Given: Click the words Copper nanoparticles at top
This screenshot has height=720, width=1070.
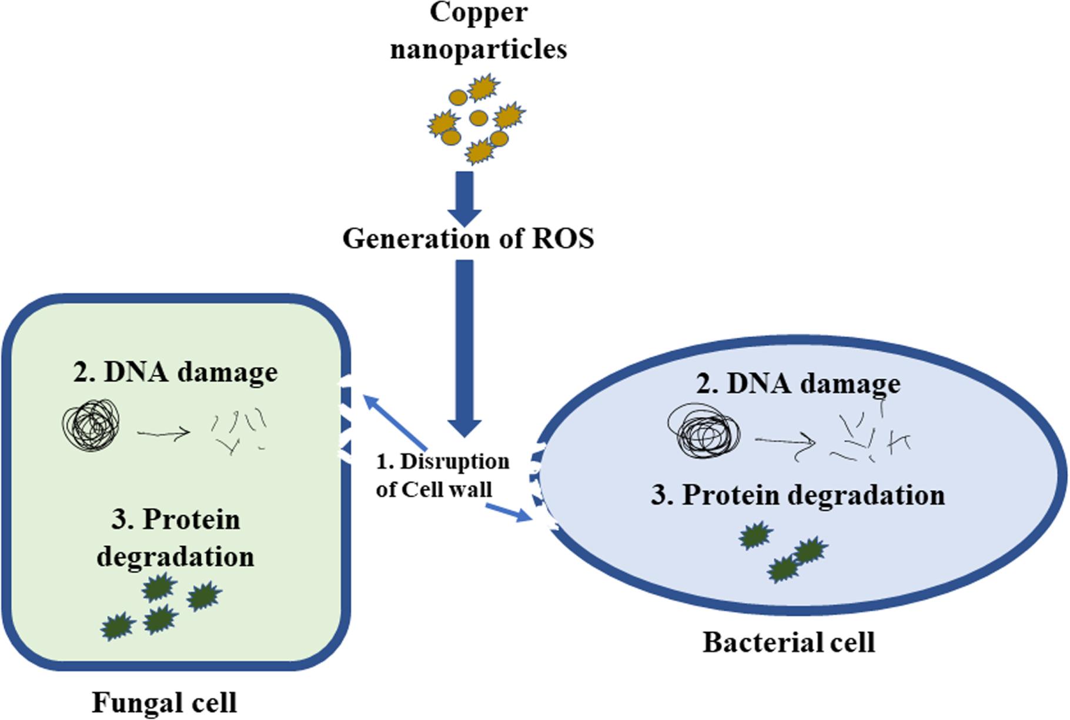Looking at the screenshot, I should (x=478, y=31).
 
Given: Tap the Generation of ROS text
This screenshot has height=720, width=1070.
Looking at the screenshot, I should (x=468, y=239).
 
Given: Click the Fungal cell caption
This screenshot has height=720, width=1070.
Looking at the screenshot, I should (x=165, y=702).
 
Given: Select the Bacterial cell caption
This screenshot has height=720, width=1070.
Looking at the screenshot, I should (x=789, y=642).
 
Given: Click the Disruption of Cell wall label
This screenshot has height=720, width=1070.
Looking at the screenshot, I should (x=442, y=475).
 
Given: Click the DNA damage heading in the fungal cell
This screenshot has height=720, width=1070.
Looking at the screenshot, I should (x=175, y=372).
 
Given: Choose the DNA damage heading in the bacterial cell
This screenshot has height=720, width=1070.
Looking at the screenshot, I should (x=798, y=383).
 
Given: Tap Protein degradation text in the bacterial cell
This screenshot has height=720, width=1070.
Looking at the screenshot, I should (x=798, y=495).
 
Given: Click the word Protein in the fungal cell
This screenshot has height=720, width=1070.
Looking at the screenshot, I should (x=192, y=520).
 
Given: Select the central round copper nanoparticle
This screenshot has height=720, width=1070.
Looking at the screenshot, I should (x=479, y=118).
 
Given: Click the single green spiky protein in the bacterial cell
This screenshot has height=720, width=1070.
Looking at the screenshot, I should (x=755, y=535).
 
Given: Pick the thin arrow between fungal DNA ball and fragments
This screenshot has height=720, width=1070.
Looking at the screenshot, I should (x=163, y=434).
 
